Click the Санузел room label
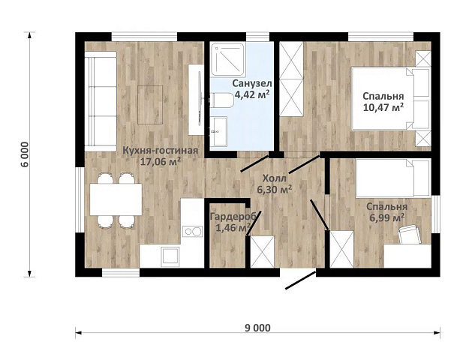pyautogui.click(x=252, y=83)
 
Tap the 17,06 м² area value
pyautogui.click(x=160, y=161)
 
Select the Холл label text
pyautogui.click(x=274, y=178)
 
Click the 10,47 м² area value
pyautogui.click(x=383, y=107)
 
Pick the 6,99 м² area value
pyautogui.click(x=387, y=217)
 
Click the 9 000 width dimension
pyautogui.click(x=257, y=328)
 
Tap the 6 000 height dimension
pyautogui.click(x=26, y=154)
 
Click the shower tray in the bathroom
pyautogui.click(x=228, y=58)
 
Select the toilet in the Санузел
pyautogui.click(x=222, y=100)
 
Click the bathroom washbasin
pyautogui.click(x=219, y=131)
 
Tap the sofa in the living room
pyautogui.click(x=101, y=101)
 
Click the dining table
pyautogui.click(x=116, y=199)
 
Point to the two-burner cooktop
pyautogui.click(x=192, y=231)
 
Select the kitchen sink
pyautogui.click(x=170, y=256)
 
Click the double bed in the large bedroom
pyautogui.click(x=390, y=98)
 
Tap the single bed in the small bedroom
pyautogui.click(x=393, y=178)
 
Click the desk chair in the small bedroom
pyautogui.click(x=410, y=234)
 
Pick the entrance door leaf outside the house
pyautogui.click(x=301, y=280)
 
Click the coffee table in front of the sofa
pyautogui.click(x=150, y=104)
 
